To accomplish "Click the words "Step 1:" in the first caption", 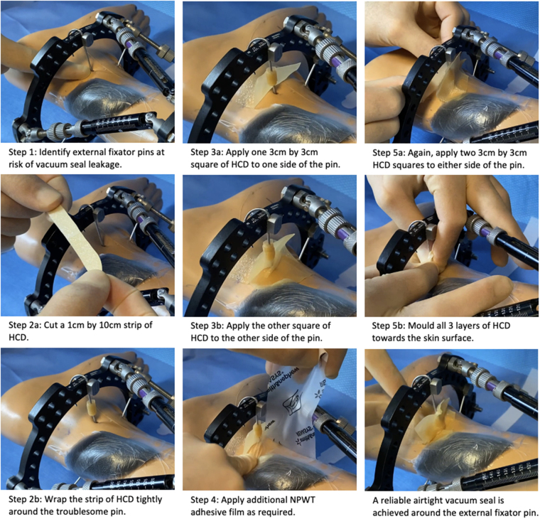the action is [x=23, y=152].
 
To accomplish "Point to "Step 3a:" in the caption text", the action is [x=207, y=152].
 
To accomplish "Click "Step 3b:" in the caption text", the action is [x=207, y=326].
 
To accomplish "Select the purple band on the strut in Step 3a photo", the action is [x=336, y=62].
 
